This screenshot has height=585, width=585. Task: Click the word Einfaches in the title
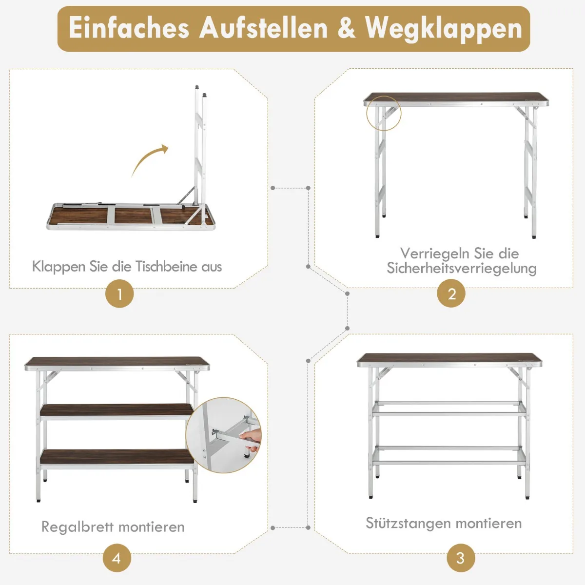coord(129,28)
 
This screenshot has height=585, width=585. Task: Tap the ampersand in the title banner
coord(346,28)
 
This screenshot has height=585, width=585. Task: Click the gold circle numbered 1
coord(119,293)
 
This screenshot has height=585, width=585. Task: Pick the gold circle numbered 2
coord(451,293)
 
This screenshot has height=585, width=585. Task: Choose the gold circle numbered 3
coord(461,558)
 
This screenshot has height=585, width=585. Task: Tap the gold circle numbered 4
coord(117,558)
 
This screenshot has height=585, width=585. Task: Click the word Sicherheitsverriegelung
coord(462,268)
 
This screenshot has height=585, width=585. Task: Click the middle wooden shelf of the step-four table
coord(117,410)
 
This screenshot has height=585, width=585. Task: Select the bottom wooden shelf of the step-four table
coord(117,457)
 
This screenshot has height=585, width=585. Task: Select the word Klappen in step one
coord(58,267)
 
